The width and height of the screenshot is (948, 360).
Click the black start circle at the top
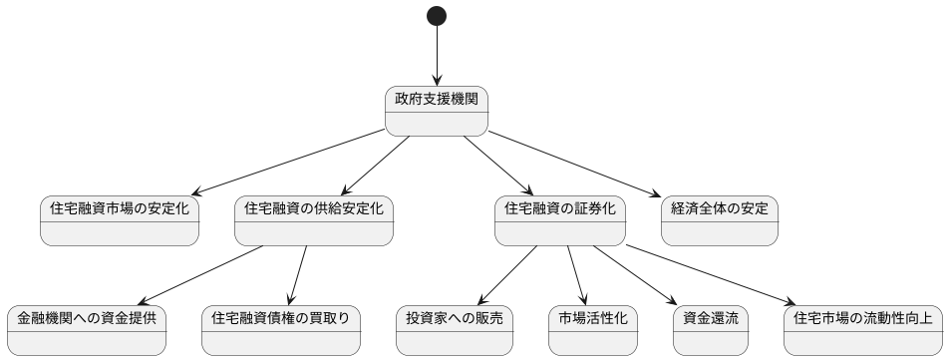click(x=437, y=16)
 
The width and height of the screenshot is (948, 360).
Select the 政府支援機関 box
click(x=437, y=111)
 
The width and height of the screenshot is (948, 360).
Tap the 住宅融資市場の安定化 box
click(x=120, y=220)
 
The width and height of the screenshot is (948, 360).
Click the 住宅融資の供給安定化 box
click(x=313, y=220)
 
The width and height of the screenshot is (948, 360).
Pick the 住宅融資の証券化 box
click(x=560, y=220)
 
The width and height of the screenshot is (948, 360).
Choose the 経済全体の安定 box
click(x=720, y=220)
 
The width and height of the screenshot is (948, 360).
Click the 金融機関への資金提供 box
click(x=87, y=330)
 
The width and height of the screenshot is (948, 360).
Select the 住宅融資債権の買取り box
click(x=281, y=330)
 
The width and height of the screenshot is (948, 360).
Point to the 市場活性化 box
click(x=592, y=330)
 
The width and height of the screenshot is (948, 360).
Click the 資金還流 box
click(x=712, y=330)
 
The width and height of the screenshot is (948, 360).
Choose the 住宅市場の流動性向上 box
click(x=862, y=330)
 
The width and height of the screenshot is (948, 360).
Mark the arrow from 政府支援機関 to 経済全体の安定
click(x=574, y=163)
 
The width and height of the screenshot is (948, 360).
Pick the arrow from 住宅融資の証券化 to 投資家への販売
click(x=508, y=275)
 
